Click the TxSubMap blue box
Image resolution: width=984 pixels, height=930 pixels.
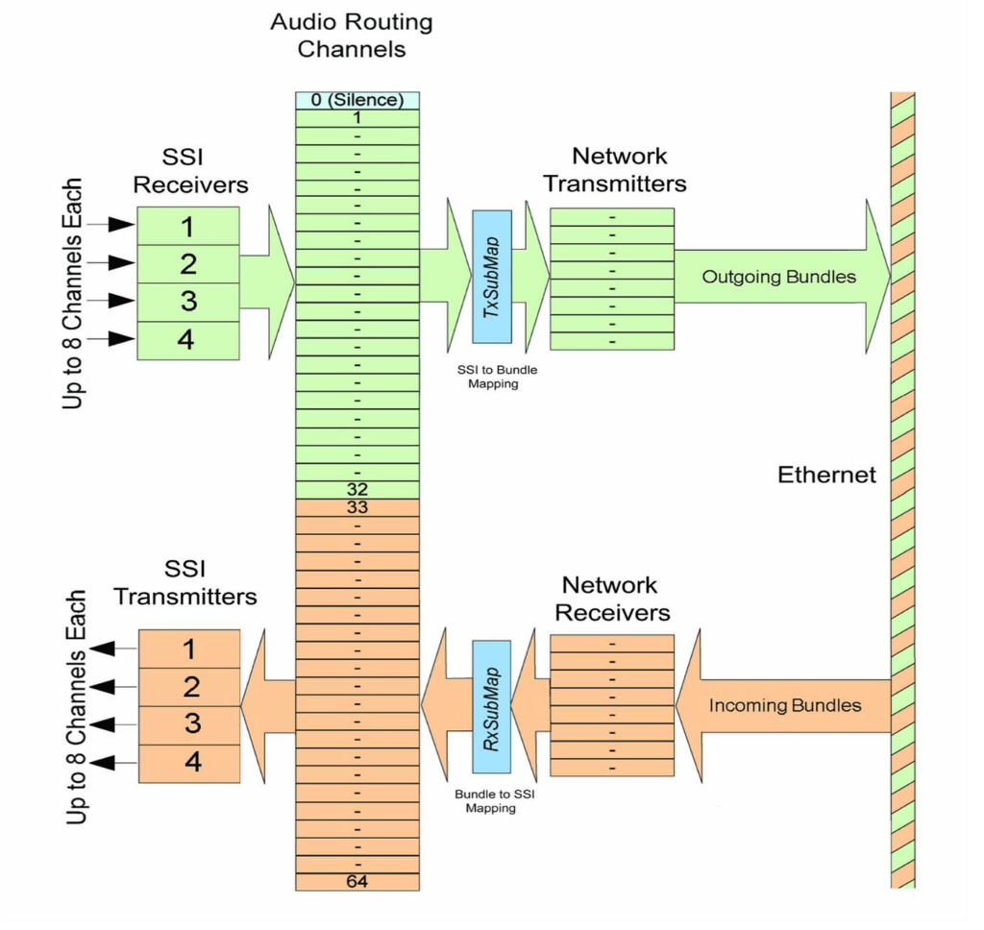(x=492, y=277)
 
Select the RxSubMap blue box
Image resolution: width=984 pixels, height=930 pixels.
(x=492, y=706)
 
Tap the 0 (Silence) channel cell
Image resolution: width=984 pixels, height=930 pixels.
(x=357, y=100)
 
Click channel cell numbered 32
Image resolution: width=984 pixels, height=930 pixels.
(x=357, y=489)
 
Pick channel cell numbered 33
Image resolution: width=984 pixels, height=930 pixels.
(x=357, y=507)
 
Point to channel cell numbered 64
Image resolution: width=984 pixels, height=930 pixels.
(x=357, y=881)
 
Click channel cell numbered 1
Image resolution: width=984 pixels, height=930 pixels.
(x=357, y=117)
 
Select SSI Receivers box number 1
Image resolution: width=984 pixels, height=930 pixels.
(x=188, y=226)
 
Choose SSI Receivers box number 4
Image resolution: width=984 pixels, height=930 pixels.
(x=188, y=340)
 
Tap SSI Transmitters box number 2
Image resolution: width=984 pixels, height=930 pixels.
(x=190, y=687)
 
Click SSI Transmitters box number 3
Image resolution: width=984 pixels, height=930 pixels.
(x=190, y=724)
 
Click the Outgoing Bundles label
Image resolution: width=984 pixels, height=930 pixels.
(x=778, y=277)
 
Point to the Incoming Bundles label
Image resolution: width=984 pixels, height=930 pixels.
(x=784, y=705)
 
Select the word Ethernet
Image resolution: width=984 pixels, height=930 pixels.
(x=826, y=475)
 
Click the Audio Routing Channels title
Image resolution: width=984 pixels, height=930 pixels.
(x=351, y=35)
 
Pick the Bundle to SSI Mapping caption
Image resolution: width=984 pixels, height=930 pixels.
(x=491, y=802)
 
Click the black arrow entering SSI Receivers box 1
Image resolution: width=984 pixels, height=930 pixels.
(x=117, y=226)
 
